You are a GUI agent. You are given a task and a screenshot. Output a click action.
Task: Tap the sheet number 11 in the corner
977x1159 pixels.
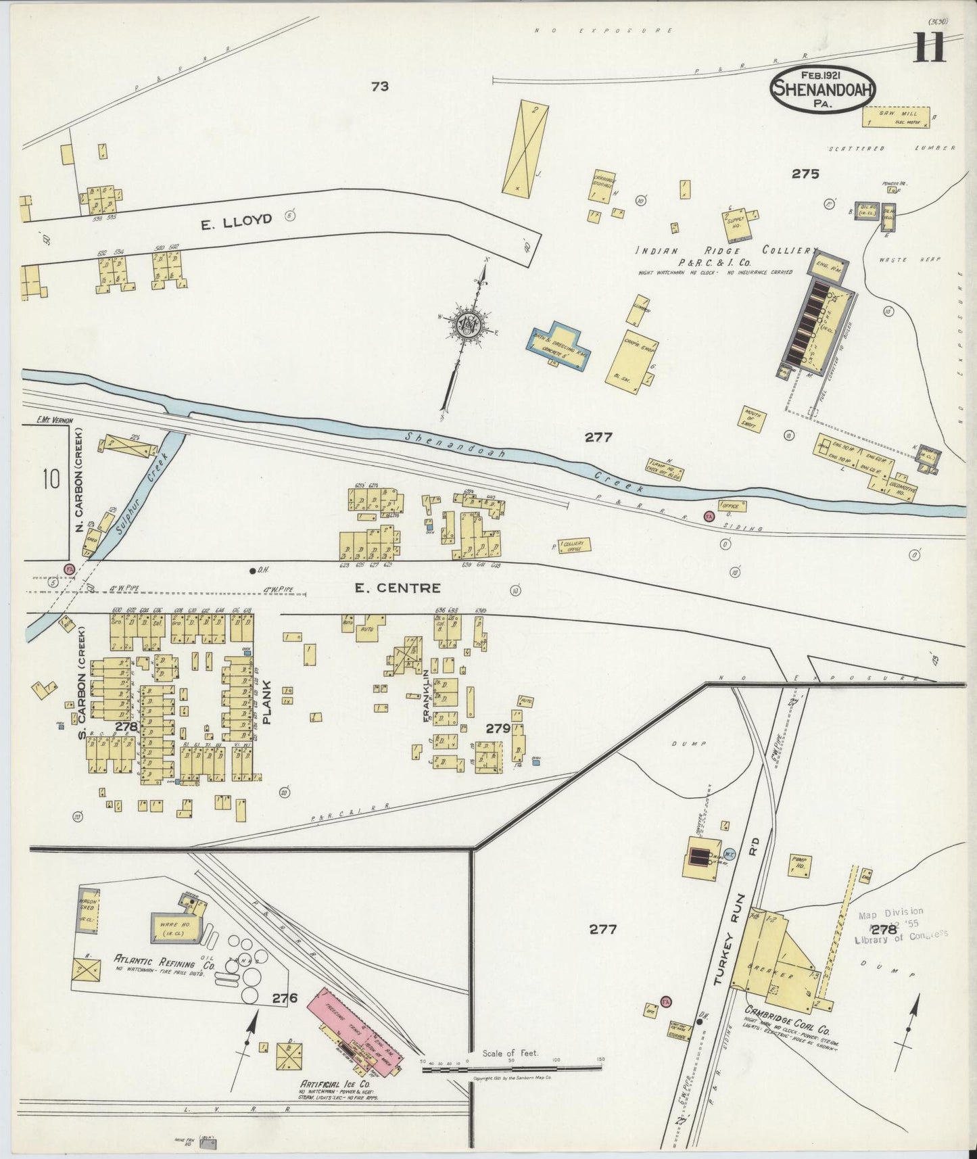(930, 49)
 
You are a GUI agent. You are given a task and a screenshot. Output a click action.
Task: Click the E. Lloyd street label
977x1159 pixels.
(236, 219)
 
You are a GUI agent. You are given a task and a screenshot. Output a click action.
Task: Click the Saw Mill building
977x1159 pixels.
(897, 116)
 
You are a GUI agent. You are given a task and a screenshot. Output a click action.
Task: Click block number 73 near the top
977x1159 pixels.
(380, 86)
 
